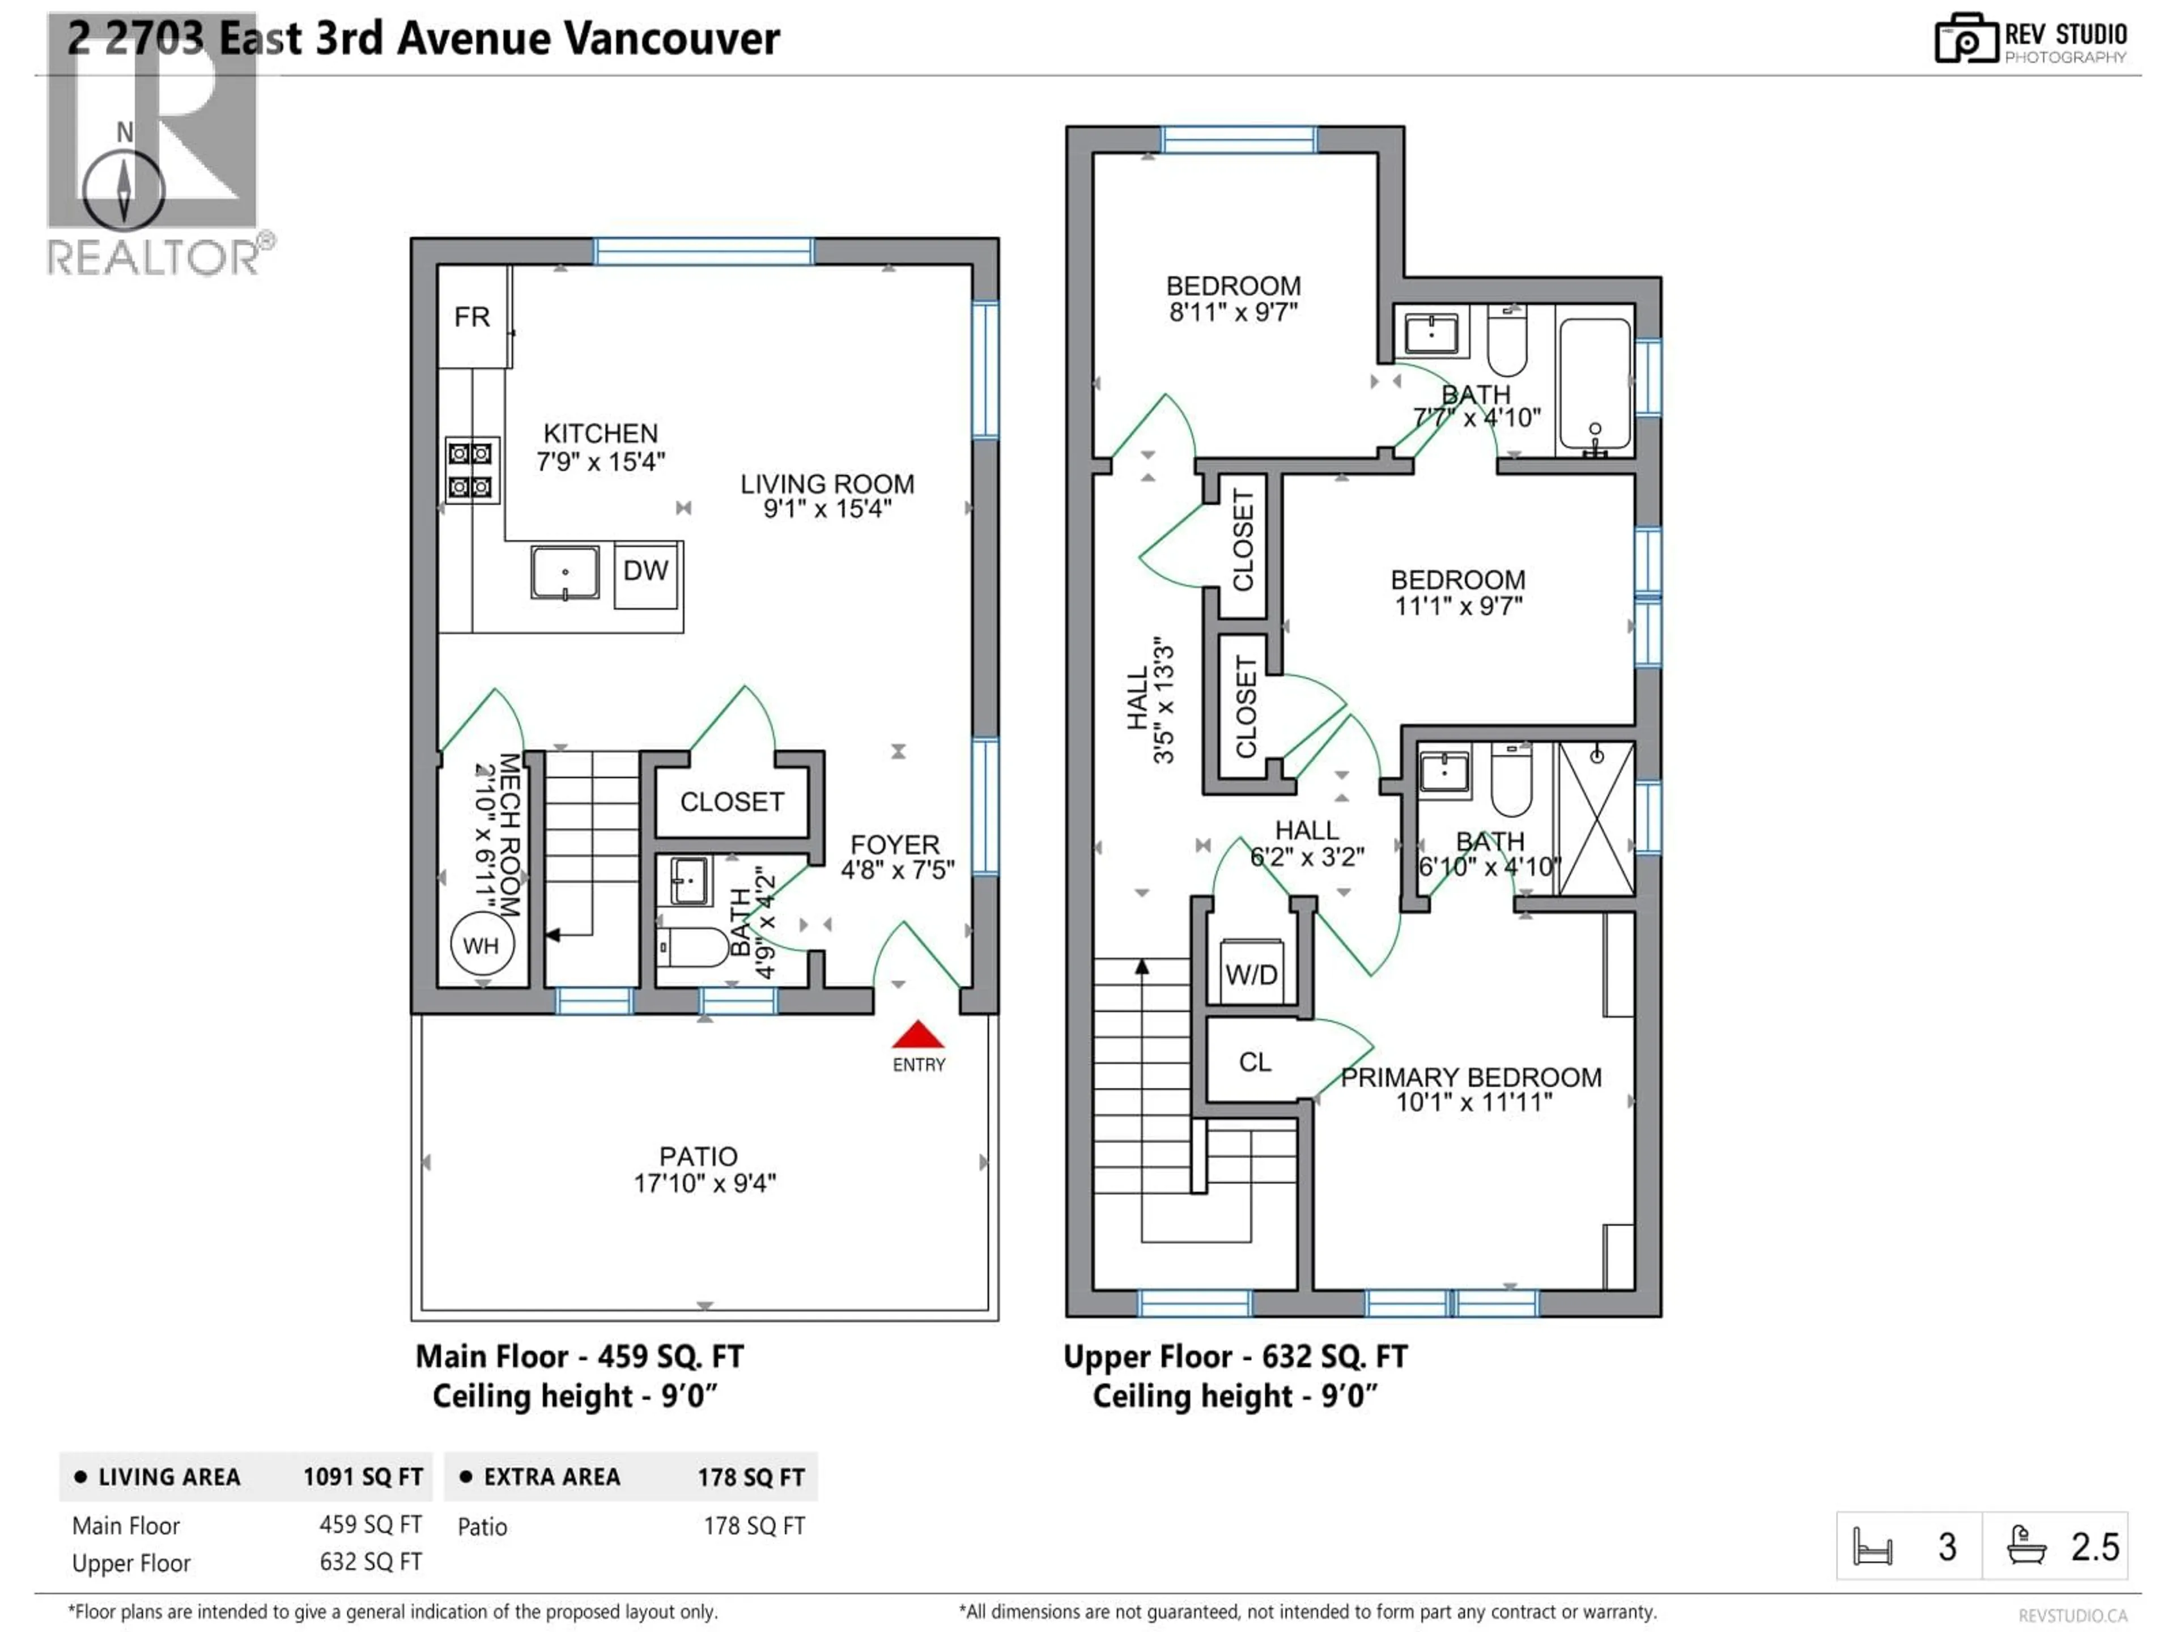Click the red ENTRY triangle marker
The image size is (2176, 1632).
pyautogui.click(x=918, y=1035)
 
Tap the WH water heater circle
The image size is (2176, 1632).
pyautogui.click(x=481, y=945)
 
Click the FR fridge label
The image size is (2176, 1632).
pyautogui.click(x=472, y=317)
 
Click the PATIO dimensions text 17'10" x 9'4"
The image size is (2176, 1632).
pyautogui.click(x=704, y=1183)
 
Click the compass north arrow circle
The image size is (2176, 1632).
pyautogui.click(x=124, y=190)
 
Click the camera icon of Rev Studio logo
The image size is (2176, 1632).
pyautogui.click(x=1965, y=39)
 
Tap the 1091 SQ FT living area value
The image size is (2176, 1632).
pyautogui.click(x=362, y=1477)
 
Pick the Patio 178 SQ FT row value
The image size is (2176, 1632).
pyautogui.click(x=754, y=1526)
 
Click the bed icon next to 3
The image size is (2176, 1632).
pyautogui.click(x=1872, y=1546)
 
